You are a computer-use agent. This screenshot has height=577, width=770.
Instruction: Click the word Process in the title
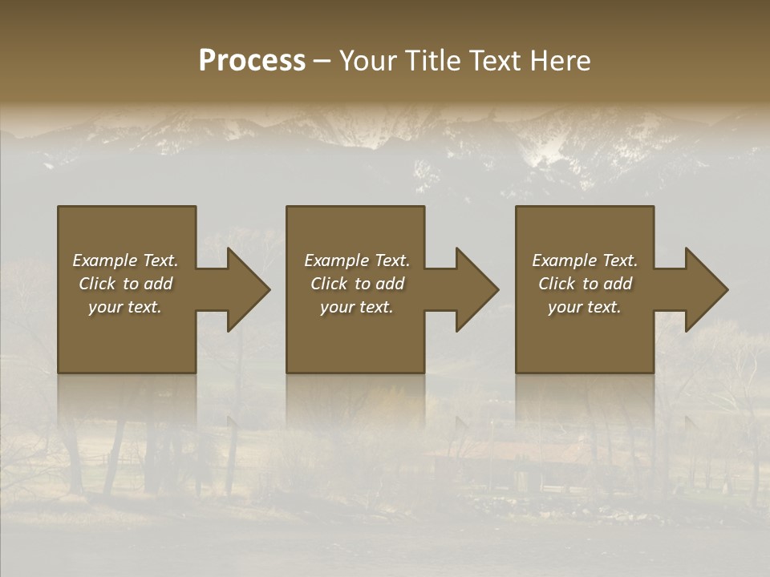[252, 61]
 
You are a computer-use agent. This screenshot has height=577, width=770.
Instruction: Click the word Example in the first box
[104, 260]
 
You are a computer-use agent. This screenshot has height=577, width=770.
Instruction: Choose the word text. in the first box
[145, 307]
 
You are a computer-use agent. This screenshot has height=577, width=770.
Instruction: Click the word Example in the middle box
[336, 260]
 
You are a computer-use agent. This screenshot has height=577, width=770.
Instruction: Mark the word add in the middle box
[390, 284]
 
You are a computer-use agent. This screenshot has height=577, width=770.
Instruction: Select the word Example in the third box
[564, 260]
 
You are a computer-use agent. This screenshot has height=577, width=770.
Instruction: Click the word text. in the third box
[605, 307]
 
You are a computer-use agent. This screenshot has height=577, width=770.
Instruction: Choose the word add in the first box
[158, 284]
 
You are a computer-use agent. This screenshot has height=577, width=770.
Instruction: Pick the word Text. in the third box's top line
[619, 260]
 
